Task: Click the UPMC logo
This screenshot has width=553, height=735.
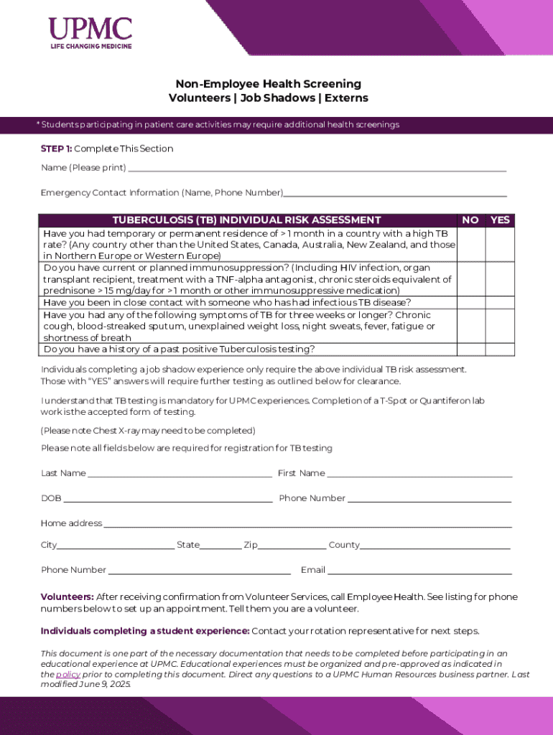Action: [90, 33]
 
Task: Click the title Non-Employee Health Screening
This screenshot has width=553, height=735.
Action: [268, 84]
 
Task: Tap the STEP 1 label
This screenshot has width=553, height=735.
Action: [56, 149]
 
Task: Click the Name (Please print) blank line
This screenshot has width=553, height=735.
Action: [316, 169]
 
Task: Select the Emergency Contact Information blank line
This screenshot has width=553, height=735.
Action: [395, 194]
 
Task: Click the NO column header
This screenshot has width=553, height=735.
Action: [470, 220]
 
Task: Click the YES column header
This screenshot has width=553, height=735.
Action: [499, 220]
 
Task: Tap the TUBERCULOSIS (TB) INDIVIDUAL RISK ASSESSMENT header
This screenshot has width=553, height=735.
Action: [247, 220]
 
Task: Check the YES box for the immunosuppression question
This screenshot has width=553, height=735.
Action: [499, 279]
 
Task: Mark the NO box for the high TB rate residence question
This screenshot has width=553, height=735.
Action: [470, 245]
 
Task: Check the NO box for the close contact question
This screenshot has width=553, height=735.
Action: [470, 302]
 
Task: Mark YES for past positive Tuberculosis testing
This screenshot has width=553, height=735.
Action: [499, 350]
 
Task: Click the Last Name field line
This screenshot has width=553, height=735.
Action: [180, 475]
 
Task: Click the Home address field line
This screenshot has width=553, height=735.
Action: [307, 525]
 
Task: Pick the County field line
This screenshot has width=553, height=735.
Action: [435, 547]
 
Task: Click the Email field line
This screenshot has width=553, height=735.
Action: [419, 572]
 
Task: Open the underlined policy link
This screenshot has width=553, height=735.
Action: [68, 675]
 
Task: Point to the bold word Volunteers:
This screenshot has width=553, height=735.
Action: [67, 597]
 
